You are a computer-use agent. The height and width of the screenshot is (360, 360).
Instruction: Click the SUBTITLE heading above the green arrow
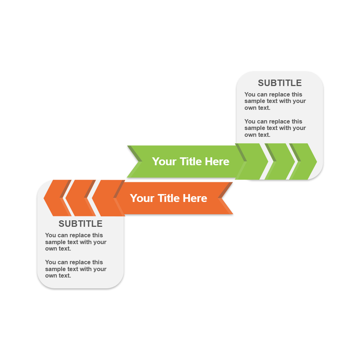coord(280,83)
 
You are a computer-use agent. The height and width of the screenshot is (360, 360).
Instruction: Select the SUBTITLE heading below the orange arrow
coord(80,224)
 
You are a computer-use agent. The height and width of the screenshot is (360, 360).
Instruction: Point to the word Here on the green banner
coord(217,161)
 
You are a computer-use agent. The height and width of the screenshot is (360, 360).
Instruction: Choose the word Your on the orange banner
coord(142,198)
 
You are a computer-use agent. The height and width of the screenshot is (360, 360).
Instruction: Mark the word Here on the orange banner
coord(195,198)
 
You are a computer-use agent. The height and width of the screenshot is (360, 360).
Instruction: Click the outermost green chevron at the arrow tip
coord(303,161)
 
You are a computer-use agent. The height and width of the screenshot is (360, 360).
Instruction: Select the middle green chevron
coord(280,161)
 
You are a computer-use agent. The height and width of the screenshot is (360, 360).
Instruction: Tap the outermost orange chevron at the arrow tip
coord(58,198)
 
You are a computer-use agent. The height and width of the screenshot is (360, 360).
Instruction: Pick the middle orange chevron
coord(81,198)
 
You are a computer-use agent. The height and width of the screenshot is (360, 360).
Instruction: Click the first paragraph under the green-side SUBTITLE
coord(275,101)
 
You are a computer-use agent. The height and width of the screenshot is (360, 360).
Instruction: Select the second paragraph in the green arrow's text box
coord(275,128)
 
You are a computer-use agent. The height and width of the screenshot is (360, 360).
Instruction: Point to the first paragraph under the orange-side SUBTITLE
coord(76,242)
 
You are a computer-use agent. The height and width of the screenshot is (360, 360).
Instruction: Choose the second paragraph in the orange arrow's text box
coord(76,269)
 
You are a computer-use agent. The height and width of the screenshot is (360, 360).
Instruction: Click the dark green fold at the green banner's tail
coord(135,153)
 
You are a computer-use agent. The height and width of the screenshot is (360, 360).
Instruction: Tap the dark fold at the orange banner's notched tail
coord(225,190)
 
